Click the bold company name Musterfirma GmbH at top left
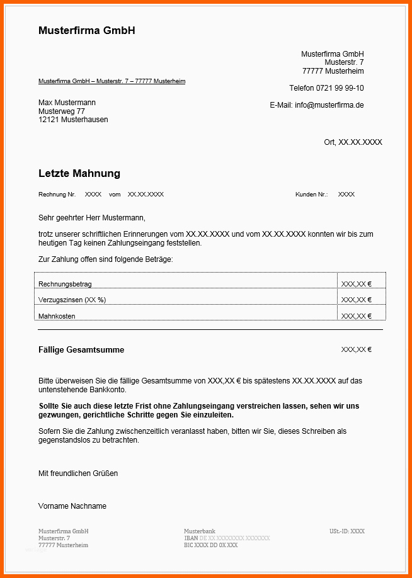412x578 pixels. point(87,30)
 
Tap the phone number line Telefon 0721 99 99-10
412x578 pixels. point(326,88)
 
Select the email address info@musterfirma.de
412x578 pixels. point(329,105)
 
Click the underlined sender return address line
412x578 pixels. point(112,81)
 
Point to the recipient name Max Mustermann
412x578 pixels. point(67,103)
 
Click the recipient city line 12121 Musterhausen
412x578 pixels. point(73,120)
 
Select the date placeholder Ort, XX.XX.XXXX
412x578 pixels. point(353,142)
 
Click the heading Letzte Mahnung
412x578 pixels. point(79,173)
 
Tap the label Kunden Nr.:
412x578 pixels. point(311,195)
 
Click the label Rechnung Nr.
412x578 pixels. point(57,195)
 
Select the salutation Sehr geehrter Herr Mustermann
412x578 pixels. point(91,218)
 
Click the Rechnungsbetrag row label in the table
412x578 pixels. point(65,284)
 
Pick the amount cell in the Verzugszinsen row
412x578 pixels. point(357,300)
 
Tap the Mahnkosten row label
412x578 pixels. point(57,316)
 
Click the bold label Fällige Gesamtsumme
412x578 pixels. point(81,350)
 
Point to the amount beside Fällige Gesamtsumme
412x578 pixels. point(357,349)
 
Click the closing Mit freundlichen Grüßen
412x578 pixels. point(78,473)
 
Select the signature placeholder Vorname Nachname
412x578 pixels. point(72,506)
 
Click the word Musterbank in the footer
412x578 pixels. point(200,531)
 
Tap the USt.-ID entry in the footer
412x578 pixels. point(346,531)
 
